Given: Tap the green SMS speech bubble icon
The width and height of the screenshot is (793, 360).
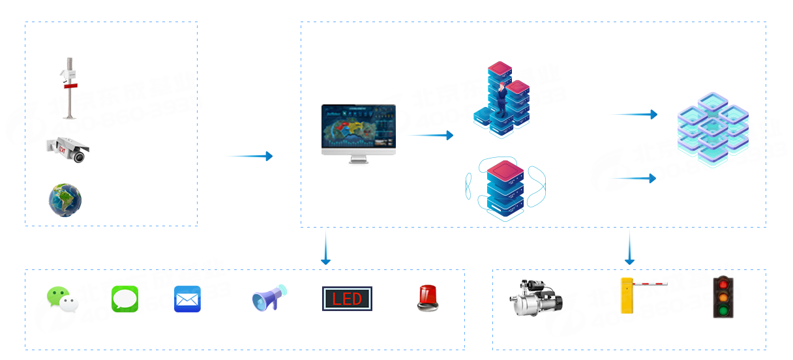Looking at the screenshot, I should [125, 299].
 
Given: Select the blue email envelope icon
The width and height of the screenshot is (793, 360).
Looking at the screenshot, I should [187, 299].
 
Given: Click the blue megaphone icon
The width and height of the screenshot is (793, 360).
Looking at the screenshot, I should [269, 298].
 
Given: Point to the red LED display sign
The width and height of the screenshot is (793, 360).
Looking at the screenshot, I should [347, 299].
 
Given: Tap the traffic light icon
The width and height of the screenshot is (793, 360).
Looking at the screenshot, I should [723, 297].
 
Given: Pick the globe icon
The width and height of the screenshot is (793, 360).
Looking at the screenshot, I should [65, 200].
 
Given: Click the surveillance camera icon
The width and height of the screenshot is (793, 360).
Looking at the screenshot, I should [68, 149].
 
